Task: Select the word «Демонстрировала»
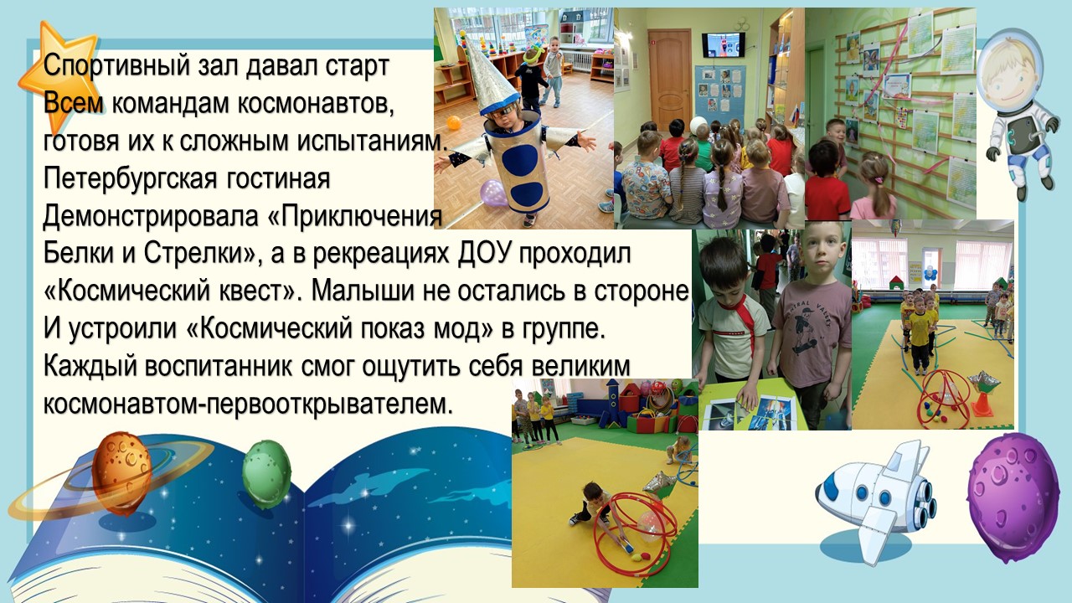pyautogui.click(x=151, y=217)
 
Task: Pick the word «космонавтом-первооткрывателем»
pyautogui.click(x=247, y=405)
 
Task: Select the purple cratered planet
pyautogui.click(x=1013, y=497)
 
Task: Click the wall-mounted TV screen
pyautogui.click(x=724, y=43)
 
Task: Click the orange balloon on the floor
pyautogui.click(x=454, y=123)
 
